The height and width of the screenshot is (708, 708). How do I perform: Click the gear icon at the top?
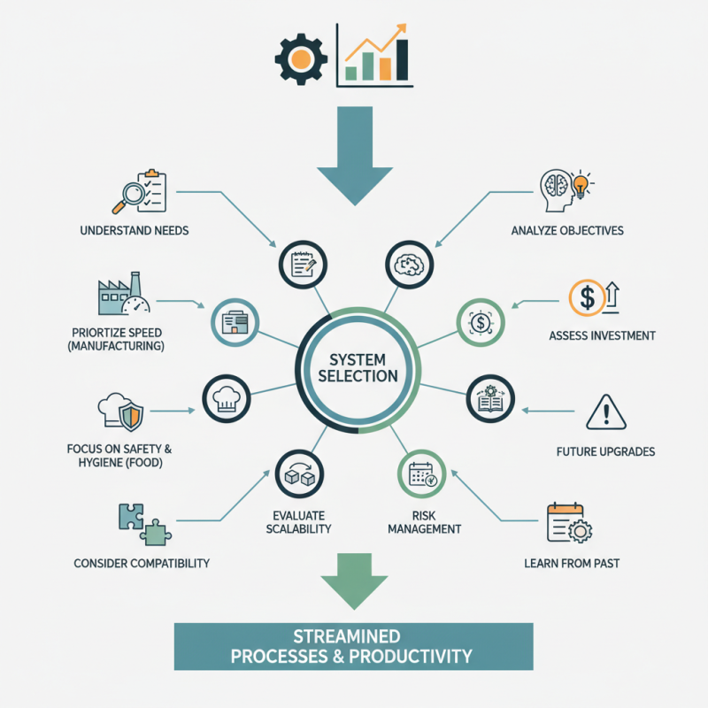click(301, 58)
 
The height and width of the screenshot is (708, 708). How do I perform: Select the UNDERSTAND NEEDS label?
click(134, 231)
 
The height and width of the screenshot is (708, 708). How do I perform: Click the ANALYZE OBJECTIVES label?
click(567, 231)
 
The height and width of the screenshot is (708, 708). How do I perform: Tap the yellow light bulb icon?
click(581, 184)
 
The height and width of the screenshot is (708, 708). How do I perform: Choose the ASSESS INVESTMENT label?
click(602, 335)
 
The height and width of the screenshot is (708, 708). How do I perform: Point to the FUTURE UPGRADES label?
click(605, 451)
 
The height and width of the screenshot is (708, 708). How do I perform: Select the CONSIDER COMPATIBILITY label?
click(142, 563)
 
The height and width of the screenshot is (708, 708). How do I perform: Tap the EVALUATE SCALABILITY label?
click(302, 522)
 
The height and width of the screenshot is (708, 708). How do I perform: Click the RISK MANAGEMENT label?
click(424, 522)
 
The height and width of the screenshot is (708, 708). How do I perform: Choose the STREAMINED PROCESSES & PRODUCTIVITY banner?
click(353, 647)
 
